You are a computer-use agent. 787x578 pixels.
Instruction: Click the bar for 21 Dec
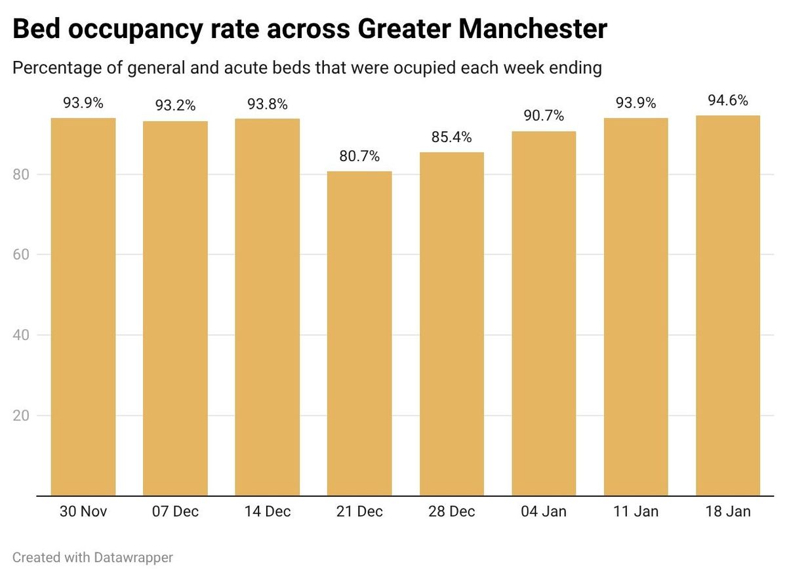359,334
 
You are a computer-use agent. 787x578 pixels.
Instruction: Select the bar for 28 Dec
451,324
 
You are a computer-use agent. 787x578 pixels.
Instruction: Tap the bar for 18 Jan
728,305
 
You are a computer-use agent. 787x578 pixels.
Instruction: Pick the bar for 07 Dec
175,309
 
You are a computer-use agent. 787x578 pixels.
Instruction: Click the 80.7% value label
359,157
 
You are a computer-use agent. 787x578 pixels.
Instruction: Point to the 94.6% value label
728,101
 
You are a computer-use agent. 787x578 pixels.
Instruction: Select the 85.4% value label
451,138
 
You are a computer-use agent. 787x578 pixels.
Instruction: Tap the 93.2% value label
175,106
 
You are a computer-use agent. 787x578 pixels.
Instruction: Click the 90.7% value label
544,117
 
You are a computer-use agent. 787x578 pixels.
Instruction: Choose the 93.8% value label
268,104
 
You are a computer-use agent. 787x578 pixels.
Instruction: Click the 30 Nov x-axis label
83,512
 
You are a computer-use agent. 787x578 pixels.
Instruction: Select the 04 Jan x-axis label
544,512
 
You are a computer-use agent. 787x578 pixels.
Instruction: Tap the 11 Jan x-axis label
636,512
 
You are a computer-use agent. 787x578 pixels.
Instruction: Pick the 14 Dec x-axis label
268,512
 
